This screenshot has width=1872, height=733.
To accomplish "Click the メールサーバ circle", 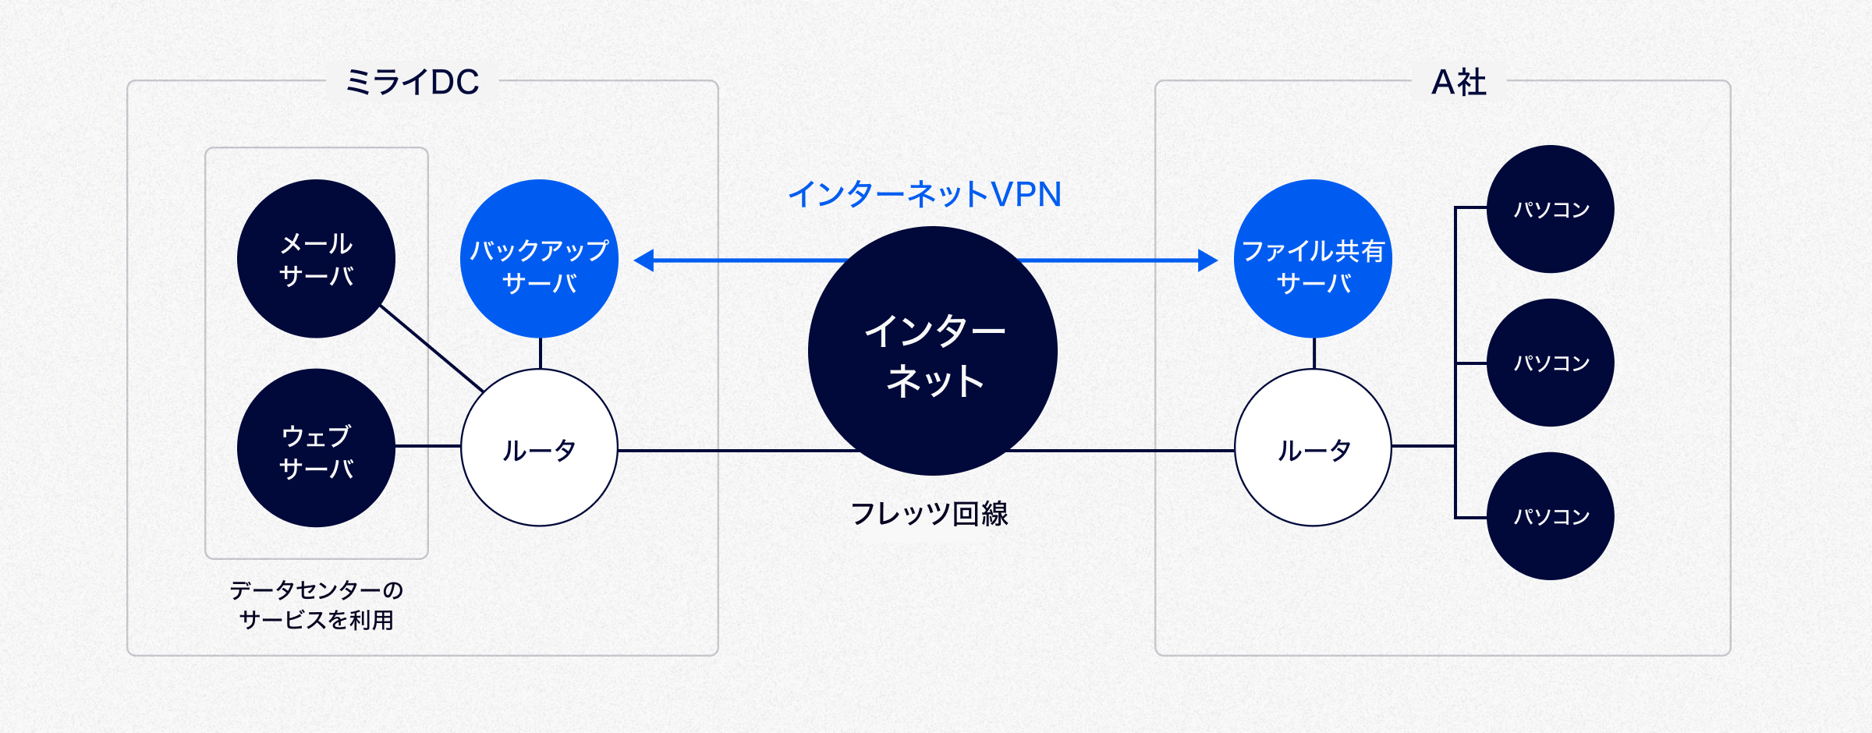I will [x=316, y=259].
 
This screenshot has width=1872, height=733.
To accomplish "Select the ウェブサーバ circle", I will [x=316, y=448].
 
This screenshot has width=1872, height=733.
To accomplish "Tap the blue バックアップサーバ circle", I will [x=539, y=259].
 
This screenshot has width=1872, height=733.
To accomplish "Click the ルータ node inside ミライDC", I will [x=539, y=448].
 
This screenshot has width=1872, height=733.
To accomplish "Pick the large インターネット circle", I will [x=933, y=351].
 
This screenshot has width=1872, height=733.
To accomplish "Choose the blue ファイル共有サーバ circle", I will [x=1313, y=259].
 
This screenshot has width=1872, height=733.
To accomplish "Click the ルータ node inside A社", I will [x=1313, y=448].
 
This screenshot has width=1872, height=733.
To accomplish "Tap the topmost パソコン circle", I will [x=1550, y=209].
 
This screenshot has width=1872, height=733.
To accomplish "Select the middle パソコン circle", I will [x=1550, y=363].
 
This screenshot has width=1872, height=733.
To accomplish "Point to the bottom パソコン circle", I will [x=1550, y=516].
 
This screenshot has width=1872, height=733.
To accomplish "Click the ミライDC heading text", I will [x=412, y=82].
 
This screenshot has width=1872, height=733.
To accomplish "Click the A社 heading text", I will [x=1459, y=82].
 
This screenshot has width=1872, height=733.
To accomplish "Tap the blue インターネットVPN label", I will [x=924, y=194].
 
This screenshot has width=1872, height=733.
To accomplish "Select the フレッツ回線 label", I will [x=929, y=514].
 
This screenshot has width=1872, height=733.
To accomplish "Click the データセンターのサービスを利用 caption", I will [x=316, y=605].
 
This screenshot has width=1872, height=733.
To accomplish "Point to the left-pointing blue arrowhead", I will [x=643, y=260].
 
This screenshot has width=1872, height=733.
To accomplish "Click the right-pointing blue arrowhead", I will [x=1207, y=260].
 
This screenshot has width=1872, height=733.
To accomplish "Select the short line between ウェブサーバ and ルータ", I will [x=427, y=446].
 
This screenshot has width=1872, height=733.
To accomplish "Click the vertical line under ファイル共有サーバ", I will [x=1314, y=353].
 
